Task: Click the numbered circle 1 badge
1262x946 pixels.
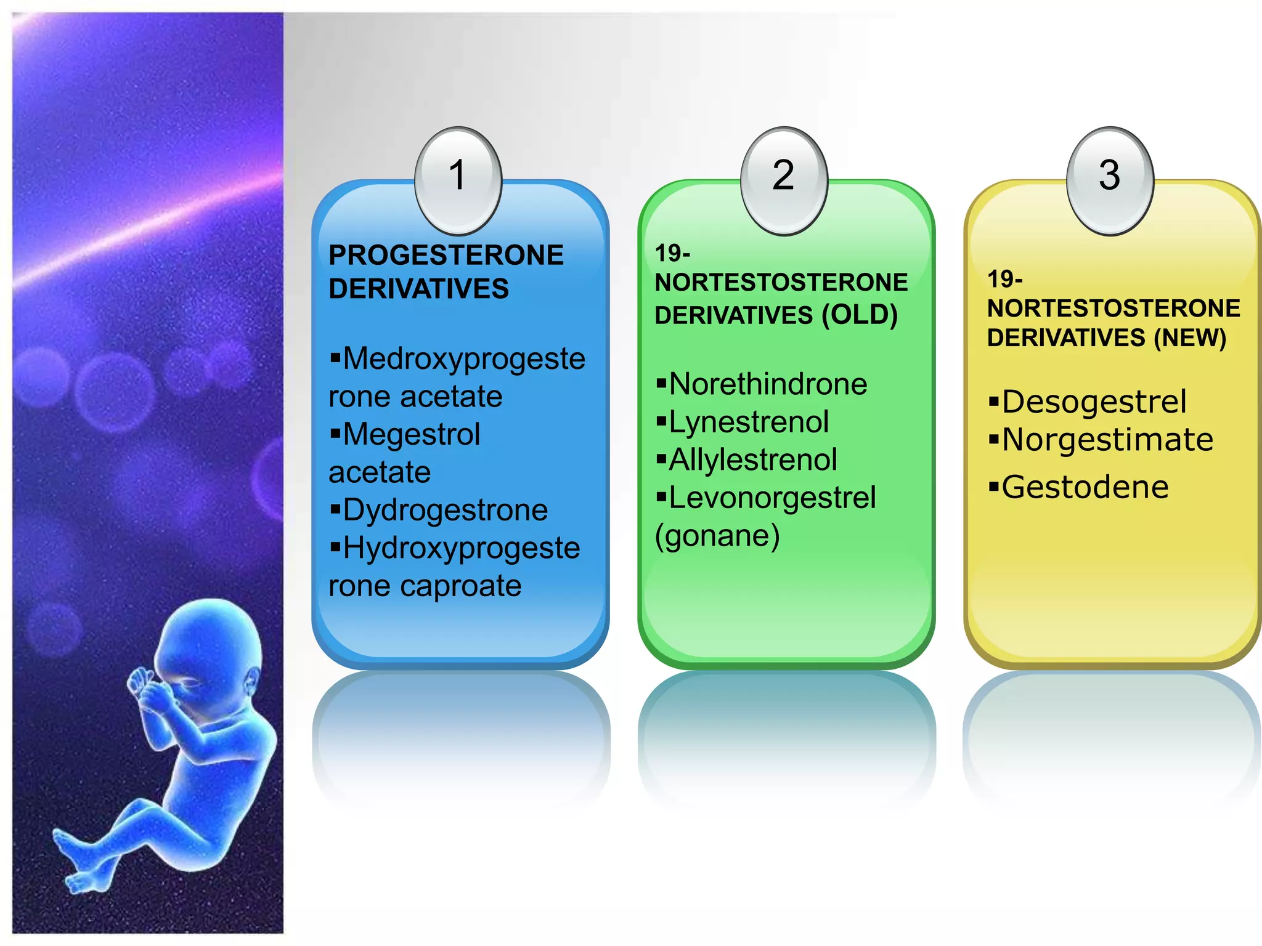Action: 458,179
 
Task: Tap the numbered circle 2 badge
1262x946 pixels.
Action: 784,179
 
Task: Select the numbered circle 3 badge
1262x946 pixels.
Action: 1109,179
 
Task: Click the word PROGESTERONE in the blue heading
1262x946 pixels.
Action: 446,255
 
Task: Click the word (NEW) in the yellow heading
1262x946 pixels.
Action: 1190,338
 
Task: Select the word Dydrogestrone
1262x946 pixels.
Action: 445,510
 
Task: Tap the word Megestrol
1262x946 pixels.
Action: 411,434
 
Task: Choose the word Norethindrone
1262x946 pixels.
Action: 768,384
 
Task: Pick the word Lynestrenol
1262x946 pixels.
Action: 749,422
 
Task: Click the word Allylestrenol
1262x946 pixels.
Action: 753,460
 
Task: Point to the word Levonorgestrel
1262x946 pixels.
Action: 772,498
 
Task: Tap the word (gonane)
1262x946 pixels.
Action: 717,536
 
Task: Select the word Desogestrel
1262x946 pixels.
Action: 1094,402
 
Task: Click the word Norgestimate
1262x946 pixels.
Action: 1107,440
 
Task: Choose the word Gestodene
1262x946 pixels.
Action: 1085,487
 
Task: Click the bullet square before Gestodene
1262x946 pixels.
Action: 993,488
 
